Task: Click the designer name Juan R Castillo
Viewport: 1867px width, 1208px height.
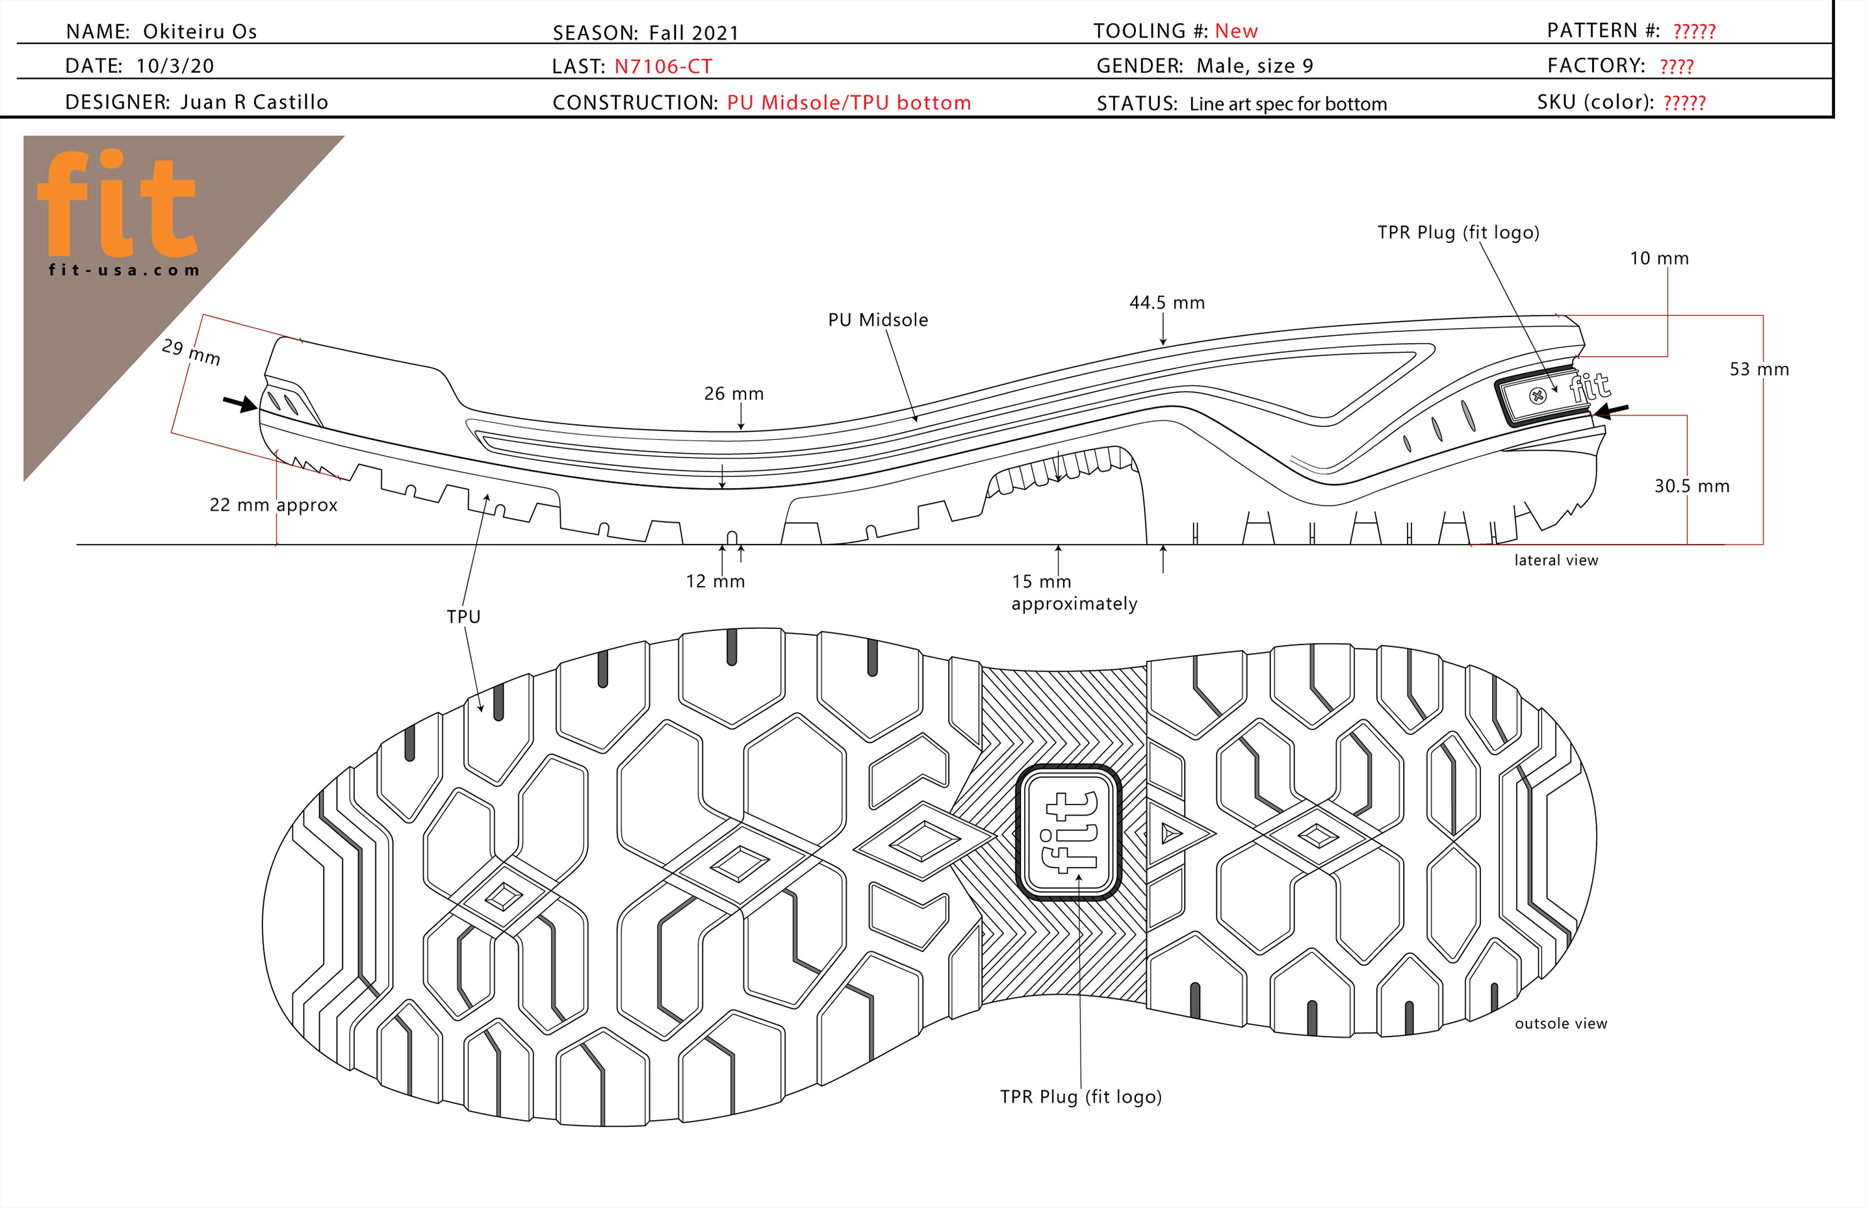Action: pyautogui.click(x=253, y=102)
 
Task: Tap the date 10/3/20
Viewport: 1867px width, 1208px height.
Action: pyautogui.click(x=175, y=66)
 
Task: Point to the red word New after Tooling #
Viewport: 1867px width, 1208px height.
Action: pyautogui.click(x=1235, y=31)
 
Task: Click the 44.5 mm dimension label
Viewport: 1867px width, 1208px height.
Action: pyautogui.click(x=1166, y=303)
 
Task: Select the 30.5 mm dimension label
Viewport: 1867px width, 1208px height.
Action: pyautogui.click(x=1692, y=486)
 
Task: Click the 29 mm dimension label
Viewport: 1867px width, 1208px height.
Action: pyautogui.click(x=190, y=352)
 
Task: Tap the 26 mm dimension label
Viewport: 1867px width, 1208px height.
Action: pyautogui.click(x=734, y=394)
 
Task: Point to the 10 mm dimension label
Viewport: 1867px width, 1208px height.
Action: pyautogui.click(x=1658, y=259)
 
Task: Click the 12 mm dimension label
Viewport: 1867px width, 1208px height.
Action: pyautogui.click(x=715, y=581)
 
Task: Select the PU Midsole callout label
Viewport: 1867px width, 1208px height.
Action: pyautogui.click(x=878, y=320)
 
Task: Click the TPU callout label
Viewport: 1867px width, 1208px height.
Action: pyautogui.click(x=463, y=617)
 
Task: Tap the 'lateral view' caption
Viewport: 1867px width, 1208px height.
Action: pyautogui.click(x=1556, y=560)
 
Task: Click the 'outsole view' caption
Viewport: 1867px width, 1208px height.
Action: pyautogui.click(x=1560, y=1023)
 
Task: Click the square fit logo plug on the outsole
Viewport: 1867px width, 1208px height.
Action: pyautogui.click(x=1068, y=832)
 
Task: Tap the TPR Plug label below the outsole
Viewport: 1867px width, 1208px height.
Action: pyautogui.click(x=1080, y=1097)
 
